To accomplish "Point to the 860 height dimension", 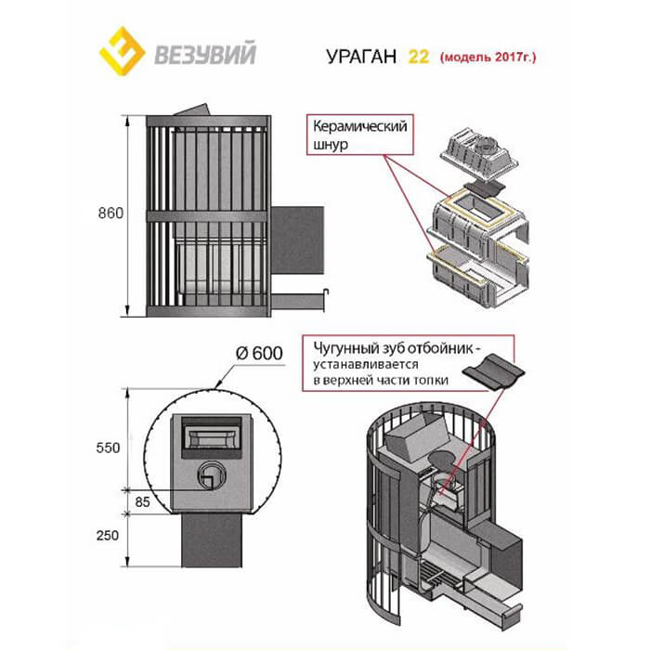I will (x=110, y=213).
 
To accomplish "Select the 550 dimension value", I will (x=110, y=448).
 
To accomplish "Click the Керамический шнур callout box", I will (x=356, y=137).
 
